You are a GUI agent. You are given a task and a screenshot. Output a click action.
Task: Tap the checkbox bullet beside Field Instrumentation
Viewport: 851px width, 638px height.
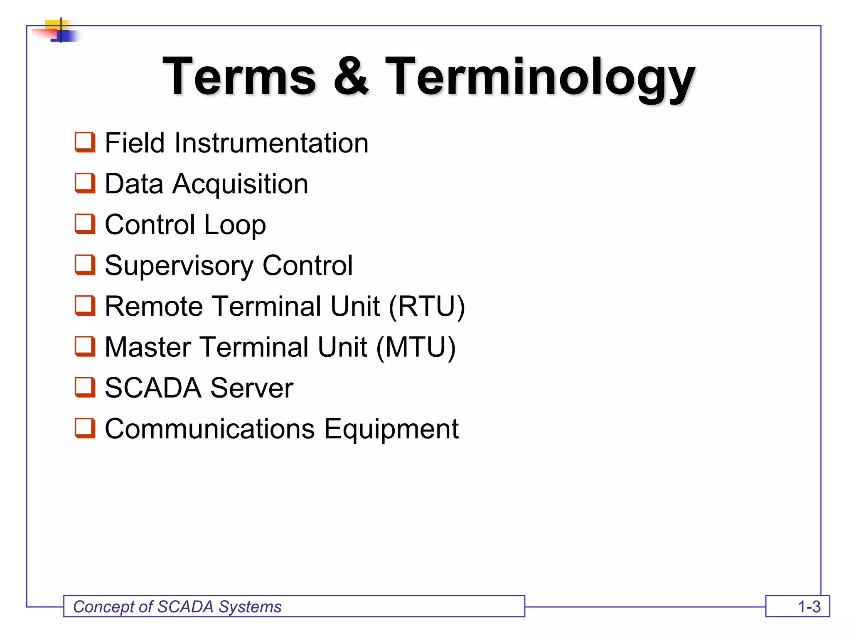pyautogui.click(x=85, y=142)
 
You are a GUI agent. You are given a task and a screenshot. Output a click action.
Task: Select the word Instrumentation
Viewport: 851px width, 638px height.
pyautogui.click(x=271, y=143)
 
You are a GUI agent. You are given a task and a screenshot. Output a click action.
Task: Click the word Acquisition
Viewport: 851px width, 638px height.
pyautogui.click(x=240, y=184)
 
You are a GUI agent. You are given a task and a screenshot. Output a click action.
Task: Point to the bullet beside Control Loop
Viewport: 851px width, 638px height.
pyautogui.click(x=85, y=224)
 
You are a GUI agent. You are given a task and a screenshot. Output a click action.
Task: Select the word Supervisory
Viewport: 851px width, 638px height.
pyautogui.click(x=179, y=266)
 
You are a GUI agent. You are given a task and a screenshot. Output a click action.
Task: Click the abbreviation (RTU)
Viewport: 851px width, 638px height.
pyautogui.click(x=427, y=307)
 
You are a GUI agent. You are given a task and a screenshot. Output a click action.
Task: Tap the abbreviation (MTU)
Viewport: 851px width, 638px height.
pyautogui.click(x=416, y=347)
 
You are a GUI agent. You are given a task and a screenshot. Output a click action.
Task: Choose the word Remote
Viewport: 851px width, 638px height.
pyautogui.click(x=154, y=307)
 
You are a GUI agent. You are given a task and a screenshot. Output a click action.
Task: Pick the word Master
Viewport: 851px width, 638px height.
pyautogui.click(x=148, y=347)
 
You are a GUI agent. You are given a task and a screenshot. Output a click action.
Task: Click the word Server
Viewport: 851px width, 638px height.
pyautogui.click(x=252, y=388)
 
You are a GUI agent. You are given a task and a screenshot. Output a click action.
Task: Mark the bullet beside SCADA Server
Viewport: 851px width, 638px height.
pyautogui.click(x=85, y=388)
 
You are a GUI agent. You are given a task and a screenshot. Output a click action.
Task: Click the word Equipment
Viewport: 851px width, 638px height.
pyautogui.click(x=391, y=429)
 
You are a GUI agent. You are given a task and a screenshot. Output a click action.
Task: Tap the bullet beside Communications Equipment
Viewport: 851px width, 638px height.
pyautogui.click(x=85, y=428)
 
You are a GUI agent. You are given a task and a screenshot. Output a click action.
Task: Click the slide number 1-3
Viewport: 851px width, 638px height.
pyautogui.click(x=809, y=607)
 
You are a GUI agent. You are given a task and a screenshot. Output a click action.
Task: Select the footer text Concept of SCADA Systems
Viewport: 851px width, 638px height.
pyautogui.click(x=177, y=607)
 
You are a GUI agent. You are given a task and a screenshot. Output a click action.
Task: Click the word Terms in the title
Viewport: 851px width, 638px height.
pyautogui.click(x=239, y=77)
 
